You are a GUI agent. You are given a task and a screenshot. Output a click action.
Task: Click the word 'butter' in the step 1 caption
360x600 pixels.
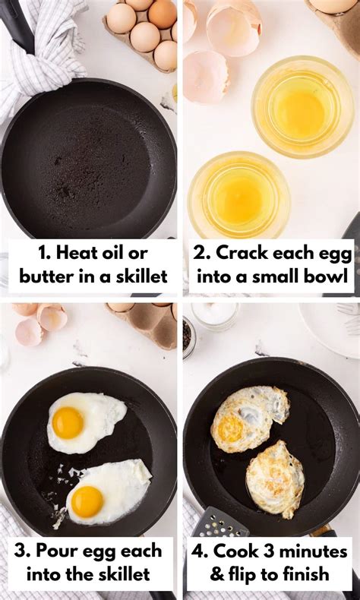pyautogui.click(x=45, y=276)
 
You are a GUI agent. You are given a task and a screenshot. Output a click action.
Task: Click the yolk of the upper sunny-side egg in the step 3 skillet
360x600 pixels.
pyautogui.click(x=68, y=423)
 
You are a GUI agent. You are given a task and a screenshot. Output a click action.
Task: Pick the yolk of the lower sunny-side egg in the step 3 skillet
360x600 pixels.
pyautogui.click(x=87, y=501)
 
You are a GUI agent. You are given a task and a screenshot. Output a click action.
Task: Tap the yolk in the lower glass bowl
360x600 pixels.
pyautogui.click(x=239, y=199)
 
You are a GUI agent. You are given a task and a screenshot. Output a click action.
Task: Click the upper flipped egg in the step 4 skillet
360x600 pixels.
pyautogui.click(x=248, y=416)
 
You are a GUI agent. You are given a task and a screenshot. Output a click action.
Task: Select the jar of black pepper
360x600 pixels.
pyautogui.click(x=188, y=335)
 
